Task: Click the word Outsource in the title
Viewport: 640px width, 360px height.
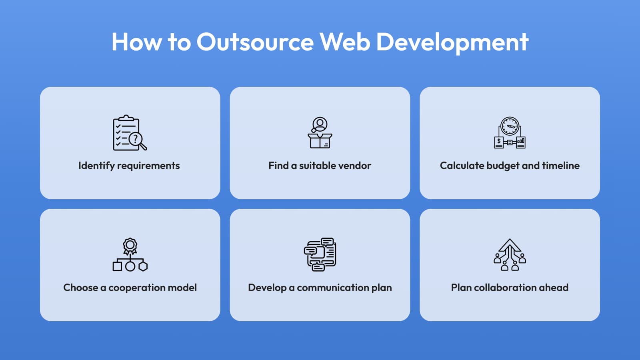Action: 255,42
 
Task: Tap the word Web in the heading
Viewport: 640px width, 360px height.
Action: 345,42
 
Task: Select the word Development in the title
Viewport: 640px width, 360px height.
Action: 452,42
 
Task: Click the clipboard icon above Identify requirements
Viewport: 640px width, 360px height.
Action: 125,132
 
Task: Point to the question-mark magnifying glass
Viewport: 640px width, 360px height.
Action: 136,140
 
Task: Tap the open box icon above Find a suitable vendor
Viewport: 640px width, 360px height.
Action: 320,141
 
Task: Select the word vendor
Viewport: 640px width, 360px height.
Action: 356,166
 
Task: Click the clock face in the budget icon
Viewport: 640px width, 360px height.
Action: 510,126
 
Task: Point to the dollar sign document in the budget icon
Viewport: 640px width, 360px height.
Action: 499,142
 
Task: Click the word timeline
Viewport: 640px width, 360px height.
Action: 561,166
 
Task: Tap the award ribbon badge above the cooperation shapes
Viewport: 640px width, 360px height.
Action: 130,245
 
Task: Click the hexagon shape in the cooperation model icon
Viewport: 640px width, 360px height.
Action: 143,266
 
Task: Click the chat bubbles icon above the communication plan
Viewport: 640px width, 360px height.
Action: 320,254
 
